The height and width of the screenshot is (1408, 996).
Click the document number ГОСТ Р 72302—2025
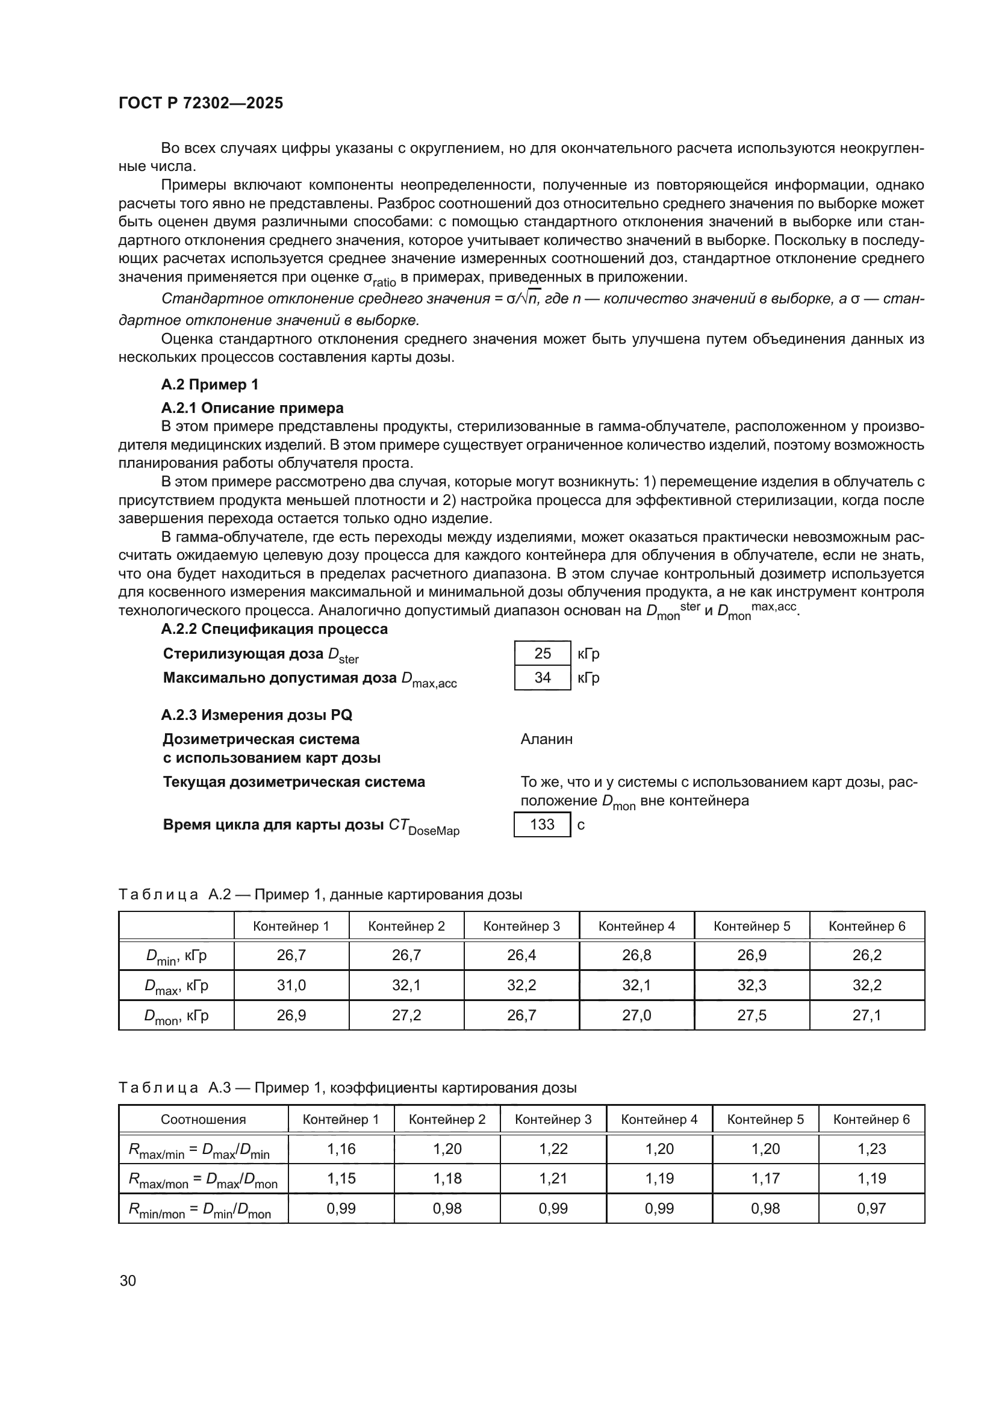click(x=201, y=103)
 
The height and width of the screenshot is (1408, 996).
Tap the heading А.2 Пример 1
click(x=209, y=385)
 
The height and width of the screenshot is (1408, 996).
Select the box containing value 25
click(x=542, y=653)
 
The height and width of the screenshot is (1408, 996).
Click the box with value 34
click(x=542, y=678)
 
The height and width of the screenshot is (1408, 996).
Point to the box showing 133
click(x=542, y=824)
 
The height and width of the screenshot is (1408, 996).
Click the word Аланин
click(x=546, y=739)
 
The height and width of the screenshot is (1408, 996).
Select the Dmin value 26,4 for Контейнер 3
click(x=521, y=955)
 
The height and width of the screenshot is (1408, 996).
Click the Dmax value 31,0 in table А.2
click(x=291, y=985)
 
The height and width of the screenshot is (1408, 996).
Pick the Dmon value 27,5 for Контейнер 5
click(x=752, y=1015)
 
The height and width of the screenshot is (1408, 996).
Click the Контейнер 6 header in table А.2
click(x=867, y=926)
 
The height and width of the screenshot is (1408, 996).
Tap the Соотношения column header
click(x=203, y=1119)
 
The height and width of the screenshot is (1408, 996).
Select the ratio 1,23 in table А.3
click(x=871, y=1149)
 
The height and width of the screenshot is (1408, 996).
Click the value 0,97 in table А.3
click(x=871, y=1208)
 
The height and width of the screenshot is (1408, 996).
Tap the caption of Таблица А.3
click(x=347, y=1088)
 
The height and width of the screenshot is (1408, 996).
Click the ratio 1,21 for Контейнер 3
click(x=553, y=1178)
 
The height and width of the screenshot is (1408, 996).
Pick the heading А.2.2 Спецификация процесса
click(x=274, y=629)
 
